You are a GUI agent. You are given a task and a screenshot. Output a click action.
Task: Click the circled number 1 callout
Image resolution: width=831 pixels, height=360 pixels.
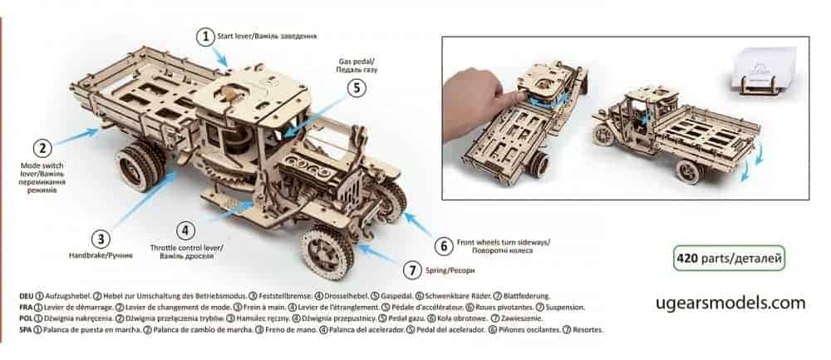[x=205, y=37]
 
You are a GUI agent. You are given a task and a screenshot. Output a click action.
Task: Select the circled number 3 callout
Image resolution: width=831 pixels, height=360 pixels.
[x=101, y=239]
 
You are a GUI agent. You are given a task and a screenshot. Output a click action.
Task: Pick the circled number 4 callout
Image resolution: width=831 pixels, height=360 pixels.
[x=185, y=230]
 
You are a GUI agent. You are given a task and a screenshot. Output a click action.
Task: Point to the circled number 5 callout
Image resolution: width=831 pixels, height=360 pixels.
[x=356, y=88]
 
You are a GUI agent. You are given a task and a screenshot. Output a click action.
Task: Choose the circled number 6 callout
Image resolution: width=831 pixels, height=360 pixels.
[x=443, y=247]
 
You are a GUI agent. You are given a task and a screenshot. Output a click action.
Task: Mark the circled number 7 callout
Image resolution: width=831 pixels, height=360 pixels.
[x=412, y=270]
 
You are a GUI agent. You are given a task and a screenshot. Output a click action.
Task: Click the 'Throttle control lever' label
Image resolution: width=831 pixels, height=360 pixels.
[x=186, y=248]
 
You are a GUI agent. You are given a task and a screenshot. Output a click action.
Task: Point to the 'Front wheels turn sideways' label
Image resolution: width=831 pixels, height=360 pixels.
[x=503, y=242]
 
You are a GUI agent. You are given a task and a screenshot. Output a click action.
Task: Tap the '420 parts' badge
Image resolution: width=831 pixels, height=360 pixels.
[x=729, y=259]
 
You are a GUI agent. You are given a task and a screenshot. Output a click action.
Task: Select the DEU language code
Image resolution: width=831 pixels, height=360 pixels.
[x=26, y=296]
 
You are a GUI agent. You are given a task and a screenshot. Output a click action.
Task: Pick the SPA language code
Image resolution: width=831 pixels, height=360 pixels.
[x=26, y=330]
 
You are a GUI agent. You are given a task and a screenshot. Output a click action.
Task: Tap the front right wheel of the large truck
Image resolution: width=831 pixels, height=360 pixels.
[x=327, y=252]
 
